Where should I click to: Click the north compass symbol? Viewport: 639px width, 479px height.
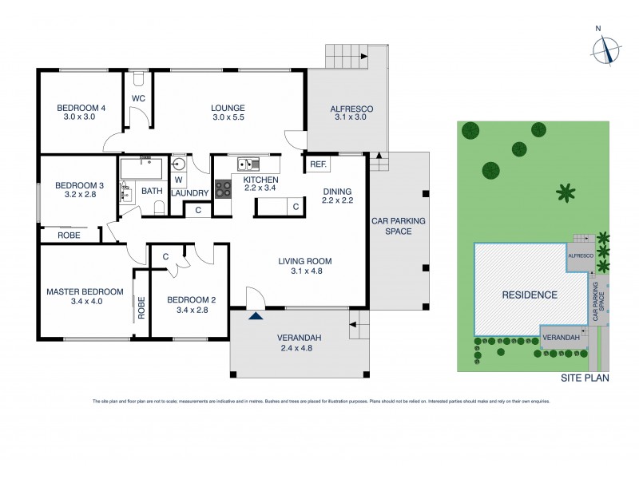(606, 49)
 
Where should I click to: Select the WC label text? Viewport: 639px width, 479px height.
(137, 98)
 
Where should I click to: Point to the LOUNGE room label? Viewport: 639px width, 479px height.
(228, 109)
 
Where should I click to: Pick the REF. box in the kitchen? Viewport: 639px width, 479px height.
(318, 164)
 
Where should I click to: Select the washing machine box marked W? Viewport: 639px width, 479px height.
(179, 180)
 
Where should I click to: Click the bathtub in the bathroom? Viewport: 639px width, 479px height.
(141, 168)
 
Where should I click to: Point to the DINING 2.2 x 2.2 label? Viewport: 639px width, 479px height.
(337, 196)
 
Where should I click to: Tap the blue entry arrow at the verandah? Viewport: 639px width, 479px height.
(255, 317)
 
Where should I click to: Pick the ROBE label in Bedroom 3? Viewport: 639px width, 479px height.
(66, 236)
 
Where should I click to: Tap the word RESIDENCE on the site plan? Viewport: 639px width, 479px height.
(529, 295)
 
